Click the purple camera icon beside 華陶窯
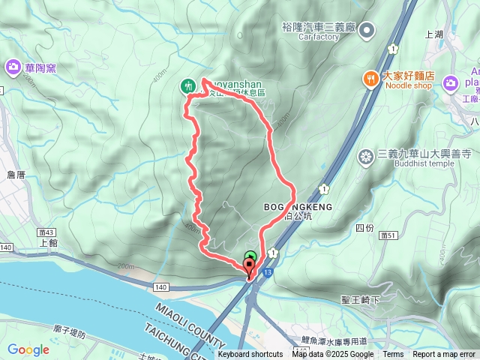13,68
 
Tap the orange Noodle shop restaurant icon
370,78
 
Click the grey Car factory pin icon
367,30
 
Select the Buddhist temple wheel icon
366,156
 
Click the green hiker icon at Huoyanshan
187,86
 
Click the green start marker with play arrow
250,256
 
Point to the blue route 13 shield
268,274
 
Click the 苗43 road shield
49,232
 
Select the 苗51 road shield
388,235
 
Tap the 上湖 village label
434,34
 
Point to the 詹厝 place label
15,174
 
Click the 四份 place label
364,226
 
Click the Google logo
28,349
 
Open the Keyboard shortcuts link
250,355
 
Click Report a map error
445,355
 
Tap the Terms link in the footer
393,355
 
